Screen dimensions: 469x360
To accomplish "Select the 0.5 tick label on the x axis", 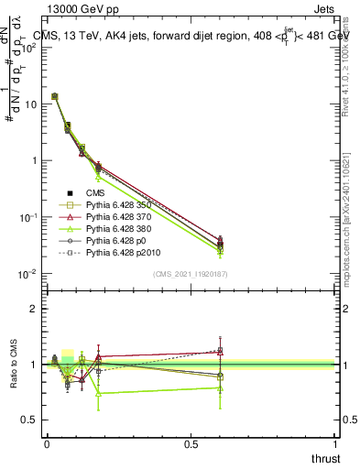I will (x=191, y=444).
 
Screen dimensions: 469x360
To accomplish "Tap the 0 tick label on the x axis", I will (x=47, y=444).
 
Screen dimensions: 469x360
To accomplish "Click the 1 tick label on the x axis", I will (x=336, y=444).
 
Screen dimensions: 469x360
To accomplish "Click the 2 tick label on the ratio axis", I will (x=36, y=309).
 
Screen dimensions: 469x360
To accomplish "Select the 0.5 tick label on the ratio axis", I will (x=31, y=420).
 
